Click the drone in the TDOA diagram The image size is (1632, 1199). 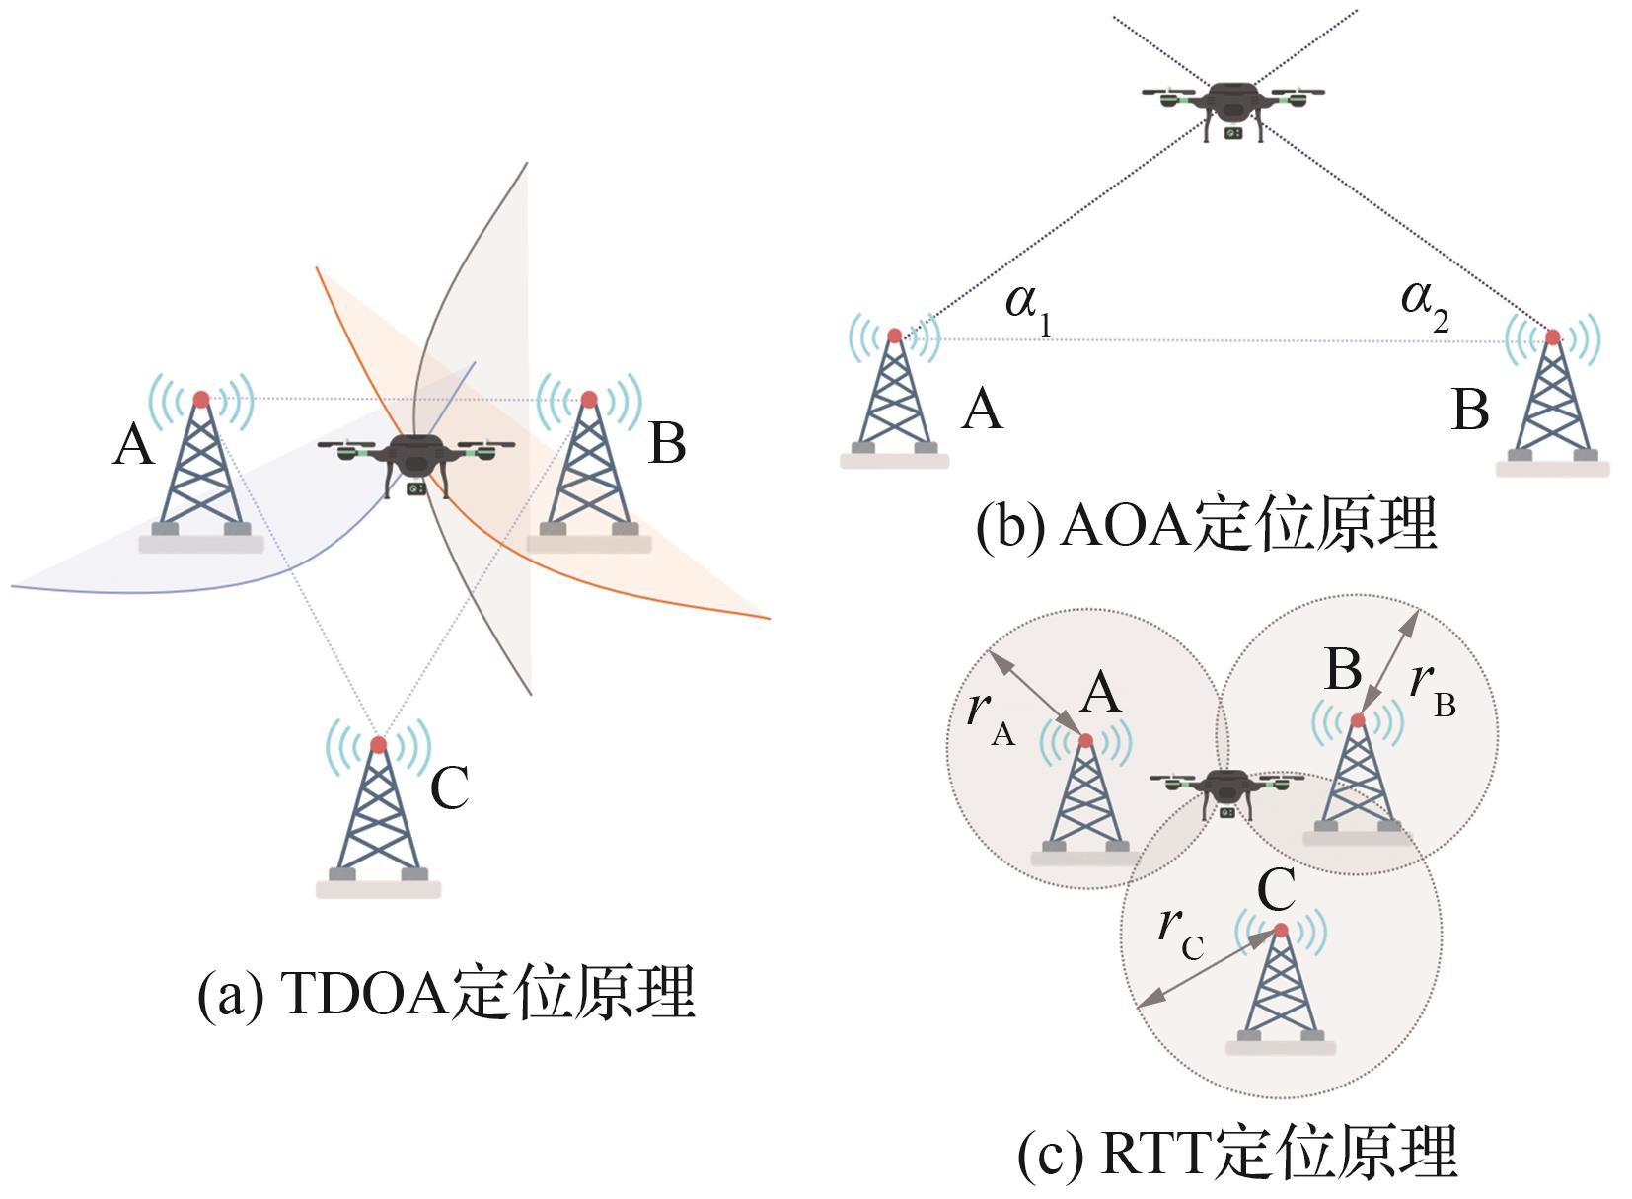click(416, 464)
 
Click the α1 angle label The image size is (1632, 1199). click(1028, 310)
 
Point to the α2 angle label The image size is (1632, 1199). click(1425, 307)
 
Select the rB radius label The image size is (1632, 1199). click(1433, 689)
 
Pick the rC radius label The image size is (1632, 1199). click(1181, 933)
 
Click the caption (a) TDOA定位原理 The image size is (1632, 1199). click(446, 993)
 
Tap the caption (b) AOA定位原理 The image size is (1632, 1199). click(1207, 525)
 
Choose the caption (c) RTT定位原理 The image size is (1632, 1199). click(1238, 1152)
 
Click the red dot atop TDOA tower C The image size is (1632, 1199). click(378, 744)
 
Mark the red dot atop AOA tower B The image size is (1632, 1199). click(1553, 337)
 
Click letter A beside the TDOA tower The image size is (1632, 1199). click(134, 444)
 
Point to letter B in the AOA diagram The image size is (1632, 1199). click(1470, 410)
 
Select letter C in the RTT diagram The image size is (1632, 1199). click(1277, 889)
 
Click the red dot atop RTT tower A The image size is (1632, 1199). click(1085, 740)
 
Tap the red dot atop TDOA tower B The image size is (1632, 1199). click(589, 399)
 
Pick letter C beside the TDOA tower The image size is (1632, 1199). click(450, 787)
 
